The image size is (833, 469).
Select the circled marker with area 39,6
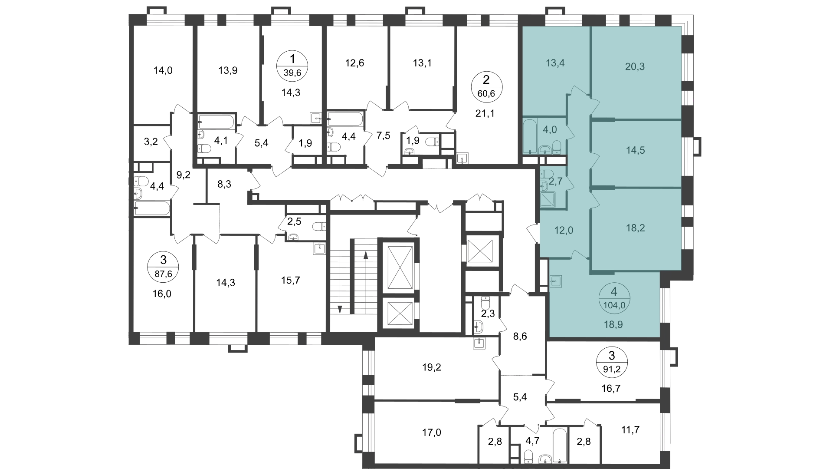[x=292, y=66]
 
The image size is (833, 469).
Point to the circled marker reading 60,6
[x=486, y=86]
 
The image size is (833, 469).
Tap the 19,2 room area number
[x=432, y=367]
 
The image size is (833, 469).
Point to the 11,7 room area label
[x=630, y=430]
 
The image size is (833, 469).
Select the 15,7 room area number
[x=291, y=280]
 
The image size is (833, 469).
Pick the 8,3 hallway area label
[x=224, y=184]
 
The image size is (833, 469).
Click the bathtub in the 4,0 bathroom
[x=530, y=136]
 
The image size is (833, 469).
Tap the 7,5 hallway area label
[x=384, y=135]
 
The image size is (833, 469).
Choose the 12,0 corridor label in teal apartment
[x=564, y=231]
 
